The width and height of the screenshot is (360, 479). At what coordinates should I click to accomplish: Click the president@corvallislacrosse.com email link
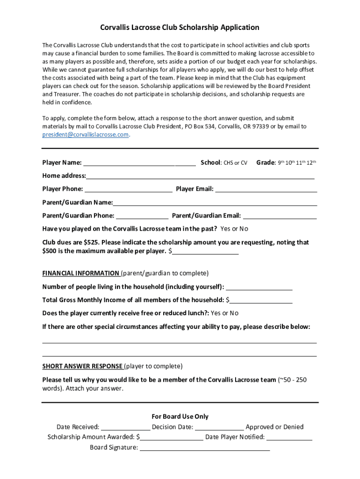tap(85, 135)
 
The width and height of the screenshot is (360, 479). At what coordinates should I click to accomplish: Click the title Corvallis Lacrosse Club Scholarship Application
tap(180, 28)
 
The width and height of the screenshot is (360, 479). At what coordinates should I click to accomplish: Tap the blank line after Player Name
tap(139, 163)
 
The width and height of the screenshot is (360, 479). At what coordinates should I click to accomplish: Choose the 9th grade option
tap(281, 163)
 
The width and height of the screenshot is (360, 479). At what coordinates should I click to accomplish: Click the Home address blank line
tap(200, 176)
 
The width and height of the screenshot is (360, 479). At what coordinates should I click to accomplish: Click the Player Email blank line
tap(266, 189)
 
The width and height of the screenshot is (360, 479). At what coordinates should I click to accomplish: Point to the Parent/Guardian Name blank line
tap(215, 203)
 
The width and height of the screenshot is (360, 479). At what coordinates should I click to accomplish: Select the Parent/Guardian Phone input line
tap(142, 216)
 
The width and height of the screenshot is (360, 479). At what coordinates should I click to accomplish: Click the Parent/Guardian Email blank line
tap(280, 216)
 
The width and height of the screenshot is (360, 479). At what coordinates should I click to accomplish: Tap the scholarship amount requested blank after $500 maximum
tap(205, 252)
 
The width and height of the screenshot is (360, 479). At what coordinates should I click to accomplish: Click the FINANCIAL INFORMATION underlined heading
tap(81, 273)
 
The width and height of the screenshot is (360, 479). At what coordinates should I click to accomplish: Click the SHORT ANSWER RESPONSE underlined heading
tap(83, 366)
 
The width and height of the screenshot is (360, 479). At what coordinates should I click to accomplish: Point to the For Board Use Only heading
tap(180, 417)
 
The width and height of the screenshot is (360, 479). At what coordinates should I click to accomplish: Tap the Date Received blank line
tap(125, 427)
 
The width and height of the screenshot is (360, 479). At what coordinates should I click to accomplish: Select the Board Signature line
tap(205, 448)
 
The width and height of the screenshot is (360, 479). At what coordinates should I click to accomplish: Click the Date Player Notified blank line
tap(289, 437)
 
